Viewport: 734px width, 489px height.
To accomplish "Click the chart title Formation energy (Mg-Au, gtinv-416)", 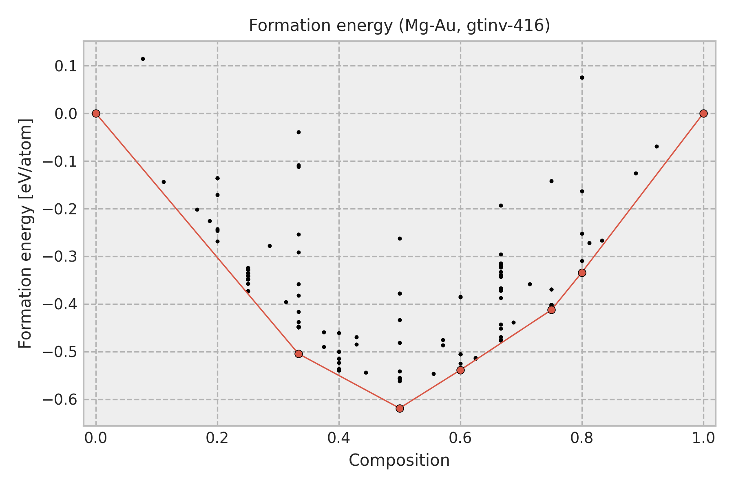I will pyautogui.click(x=399, y=26).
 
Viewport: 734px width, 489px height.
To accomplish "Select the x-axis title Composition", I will pyautogui.click(x=399, y=460).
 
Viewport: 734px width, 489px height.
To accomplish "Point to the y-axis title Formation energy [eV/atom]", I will pyautogui.click(x=25, y=233).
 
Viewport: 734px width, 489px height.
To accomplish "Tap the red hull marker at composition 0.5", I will pyautogui.click(x=400, y=408).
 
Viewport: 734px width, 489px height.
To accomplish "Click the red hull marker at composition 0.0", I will pyautogui.click(x=96, y=113).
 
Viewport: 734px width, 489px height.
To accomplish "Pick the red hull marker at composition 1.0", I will pyautogui.click(x=703, y=113).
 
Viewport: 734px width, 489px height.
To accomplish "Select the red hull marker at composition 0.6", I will pyautogui.click(x=460, y=370).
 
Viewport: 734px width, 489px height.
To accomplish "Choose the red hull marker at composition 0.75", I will pyautogui.click(x=551, y=310).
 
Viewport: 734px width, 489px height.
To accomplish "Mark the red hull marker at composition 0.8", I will pyautogui.click(x=582, y=273).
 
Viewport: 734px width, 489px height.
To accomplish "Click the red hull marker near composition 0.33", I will pyautogui.click(x=298, y=354).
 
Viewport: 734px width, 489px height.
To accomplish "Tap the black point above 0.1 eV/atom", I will pyautogui.click(x=143, y=59).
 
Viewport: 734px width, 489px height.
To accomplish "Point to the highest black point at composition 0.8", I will pyautogui.click(x=582, y=77).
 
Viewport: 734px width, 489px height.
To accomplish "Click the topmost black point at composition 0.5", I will pyautogui.click(x=400, y=238).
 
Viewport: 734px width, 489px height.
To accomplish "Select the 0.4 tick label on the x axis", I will pyautogui.click(x=339, y=438).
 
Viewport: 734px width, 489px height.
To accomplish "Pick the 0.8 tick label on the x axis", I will pyautogui.click(x=582, y=438).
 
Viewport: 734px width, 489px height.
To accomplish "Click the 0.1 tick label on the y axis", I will pyautogui.click(x=66, y=66).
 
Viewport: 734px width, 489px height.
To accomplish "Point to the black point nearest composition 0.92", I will pyautogui.click(x=657, y=146).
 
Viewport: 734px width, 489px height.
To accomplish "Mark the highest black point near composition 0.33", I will pyautogui.click(x=298, y=132).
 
